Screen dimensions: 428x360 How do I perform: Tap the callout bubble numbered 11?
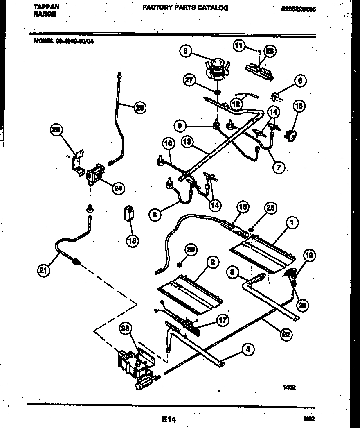point(239,45)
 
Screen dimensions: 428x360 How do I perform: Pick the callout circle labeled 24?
point(119,188)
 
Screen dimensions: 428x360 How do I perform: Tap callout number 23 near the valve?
point(126,328)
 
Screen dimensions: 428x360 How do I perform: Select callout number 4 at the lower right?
point(248,349)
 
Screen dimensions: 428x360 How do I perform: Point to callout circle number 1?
point(292,223)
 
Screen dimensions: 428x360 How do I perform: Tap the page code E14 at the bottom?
point(169,419)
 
